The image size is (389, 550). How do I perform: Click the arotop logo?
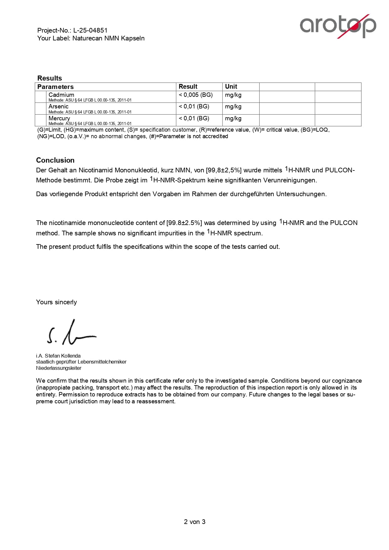click(338, 26)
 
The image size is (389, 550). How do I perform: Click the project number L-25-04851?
click(90, 30)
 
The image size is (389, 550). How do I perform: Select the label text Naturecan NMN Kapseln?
click(108, 38)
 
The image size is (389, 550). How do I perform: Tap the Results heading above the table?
click(50, 78)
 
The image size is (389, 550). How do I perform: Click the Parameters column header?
click(55, 87)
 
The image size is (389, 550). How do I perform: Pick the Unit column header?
click(231, 86)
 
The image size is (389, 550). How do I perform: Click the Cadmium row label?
click(61, 95)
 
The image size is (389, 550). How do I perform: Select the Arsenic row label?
click(59, 106)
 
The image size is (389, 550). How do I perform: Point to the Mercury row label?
click(59, 118)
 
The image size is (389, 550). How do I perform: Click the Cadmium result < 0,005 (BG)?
click(196, 95)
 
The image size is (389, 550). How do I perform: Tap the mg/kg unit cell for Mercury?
click(233, 118)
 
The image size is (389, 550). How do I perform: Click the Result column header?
click(188, 86)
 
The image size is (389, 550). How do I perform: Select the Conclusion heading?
click(55, 160)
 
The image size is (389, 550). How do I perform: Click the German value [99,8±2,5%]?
click(224, 170)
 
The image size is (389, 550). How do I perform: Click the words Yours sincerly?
click(56, 302)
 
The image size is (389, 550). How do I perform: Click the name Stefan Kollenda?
click(63, 356)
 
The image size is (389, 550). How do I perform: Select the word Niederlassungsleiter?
click(59, 368)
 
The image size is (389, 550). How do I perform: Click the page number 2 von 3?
click(195, 522)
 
